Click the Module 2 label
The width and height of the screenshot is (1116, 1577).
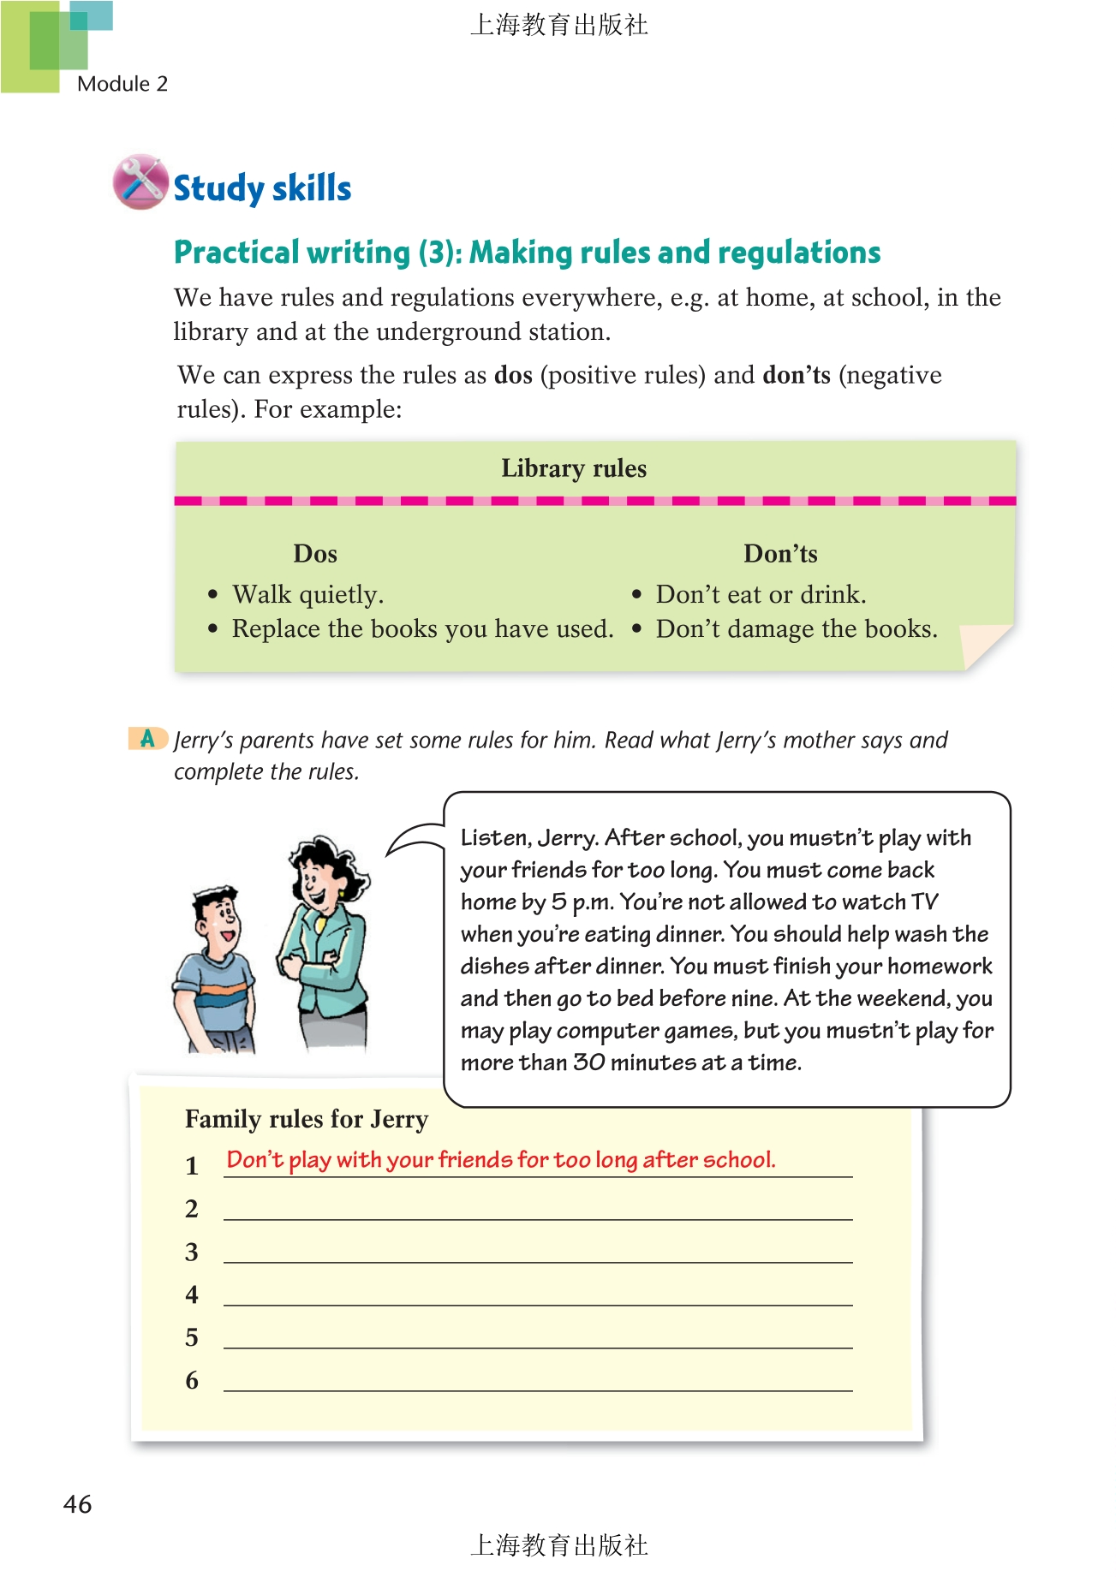point(122,84)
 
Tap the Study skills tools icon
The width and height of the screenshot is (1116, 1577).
point(140,182)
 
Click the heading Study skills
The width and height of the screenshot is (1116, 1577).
point(262,188)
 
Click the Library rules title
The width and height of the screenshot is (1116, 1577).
point(573,468)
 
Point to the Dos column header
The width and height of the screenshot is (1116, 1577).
point(315,554)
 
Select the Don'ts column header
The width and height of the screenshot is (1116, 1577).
point(779,554)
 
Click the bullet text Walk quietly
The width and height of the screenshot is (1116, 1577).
point(307,594)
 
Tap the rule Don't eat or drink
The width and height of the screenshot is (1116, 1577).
point(761,594)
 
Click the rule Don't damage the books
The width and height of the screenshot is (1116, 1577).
point(796,629)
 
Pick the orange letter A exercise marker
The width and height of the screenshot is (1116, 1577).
point(147,738)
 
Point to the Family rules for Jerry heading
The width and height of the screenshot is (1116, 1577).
point(306,1119)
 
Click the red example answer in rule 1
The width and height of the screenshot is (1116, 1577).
point(500,1160)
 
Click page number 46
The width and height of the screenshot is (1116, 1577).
point(77,1504)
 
